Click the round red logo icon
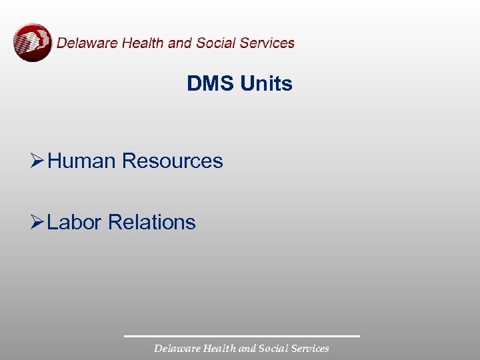pyautogui.click(x=32, y=43)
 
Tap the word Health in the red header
pyautogui.click(x=144, y=43)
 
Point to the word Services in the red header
pyautogui.click(x=267, y=43)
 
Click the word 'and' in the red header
pyautogui.click(x=180, y=43)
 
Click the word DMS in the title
pyautogui.click(x=211, y=84)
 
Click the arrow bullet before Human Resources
pyautogui.click(x=37, y=161)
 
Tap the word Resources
pyautogui.click(x=173, y=161)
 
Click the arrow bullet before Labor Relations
pyautogui.click(x=37, y=222)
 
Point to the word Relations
pyautogui.click(x=151, y=222)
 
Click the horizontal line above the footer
pyautogui.click(x=241, y=336)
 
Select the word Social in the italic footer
pyautogui.click(x=271, y=349)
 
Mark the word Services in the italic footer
pyautogui.click(x=309, y=349)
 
